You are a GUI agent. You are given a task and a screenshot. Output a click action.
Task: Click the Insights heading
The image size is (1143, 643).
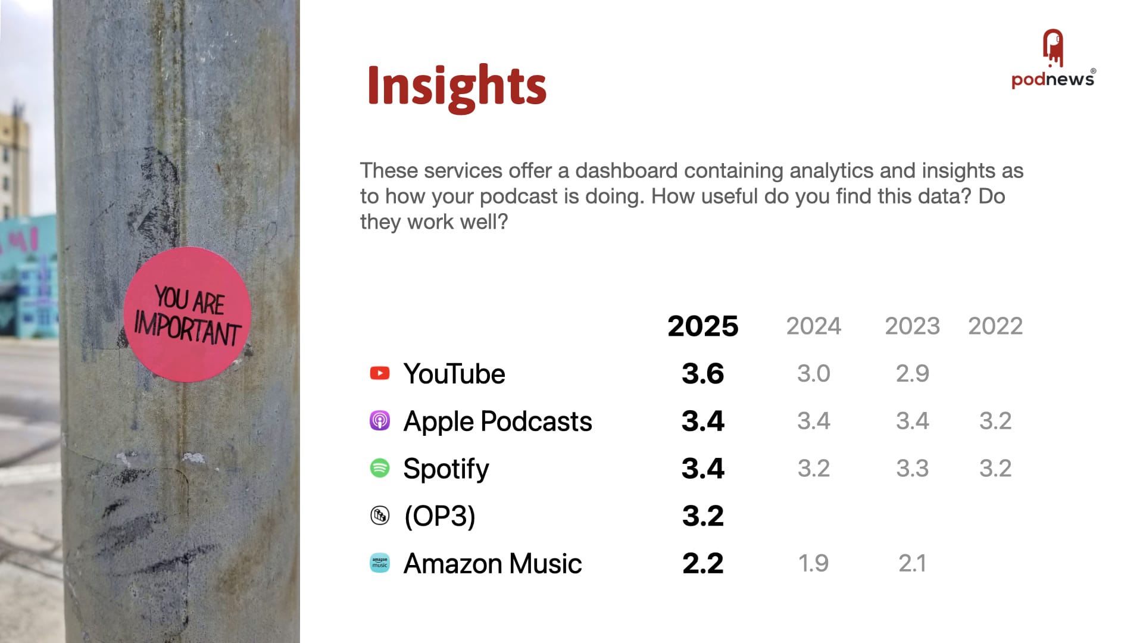pos(457,86)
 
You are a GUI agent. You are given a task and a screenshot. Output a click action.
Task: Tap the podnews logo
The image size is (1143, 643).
pos(1053,59)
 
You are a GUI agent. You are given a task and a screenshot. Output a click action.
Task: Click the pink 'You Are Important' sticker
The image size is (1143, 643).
pos(187,314)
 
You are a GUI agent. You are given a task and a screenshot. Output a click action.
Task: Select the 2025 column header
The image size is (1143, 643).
pos(702,326)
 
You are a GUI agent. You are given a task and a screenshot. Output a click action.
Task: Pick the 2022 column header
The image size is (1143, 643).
pos(995,326)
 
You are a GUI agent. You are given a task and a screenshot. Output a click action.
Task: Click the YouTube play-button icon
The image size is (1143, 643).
pos(380,373)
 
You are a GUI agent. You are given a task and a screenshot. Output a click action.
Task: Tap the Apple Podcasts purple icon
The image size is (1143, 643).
pos(380,420)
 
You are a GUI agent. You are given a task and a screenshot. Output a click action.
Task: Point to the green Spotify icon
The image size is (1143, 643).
pos(380,468)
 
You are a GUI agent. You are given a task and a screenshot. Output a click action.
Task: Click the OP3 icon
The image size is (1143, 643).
pos(380,515)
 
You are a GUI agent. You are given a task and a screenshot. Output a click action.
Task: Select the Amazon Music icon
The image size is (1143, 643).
pos(380,563)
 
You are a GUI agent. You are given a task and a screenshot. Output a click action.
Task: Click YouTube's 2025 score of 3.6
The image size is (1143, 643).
pos(703,374)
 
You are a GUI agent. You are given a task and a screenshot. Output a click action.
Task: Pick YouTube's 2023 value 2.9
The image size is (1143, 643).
pos(913,374)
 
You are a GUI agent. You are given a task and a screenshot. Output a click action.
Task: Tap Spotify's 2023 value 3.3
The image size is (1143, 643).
pos(913,469)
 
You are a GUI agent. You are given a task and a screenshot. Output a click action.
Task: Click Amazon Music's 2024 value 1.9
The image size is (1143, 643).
pos(813,563)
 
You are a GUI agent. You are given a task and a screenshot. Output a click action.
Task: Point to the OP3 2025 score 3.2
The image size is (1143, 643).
pos(703,516)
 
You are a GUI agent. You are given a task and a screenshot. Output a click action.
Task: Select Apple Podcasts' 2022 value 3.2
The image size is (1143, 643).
pos(995,421)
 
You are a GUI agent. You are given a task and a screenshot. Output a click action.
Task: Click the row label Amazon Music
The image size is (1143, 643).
pos(492,564)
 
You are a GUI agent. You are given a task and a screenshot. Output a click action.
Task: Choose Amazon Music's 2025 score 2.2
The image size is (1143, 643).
pos(703,563)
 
